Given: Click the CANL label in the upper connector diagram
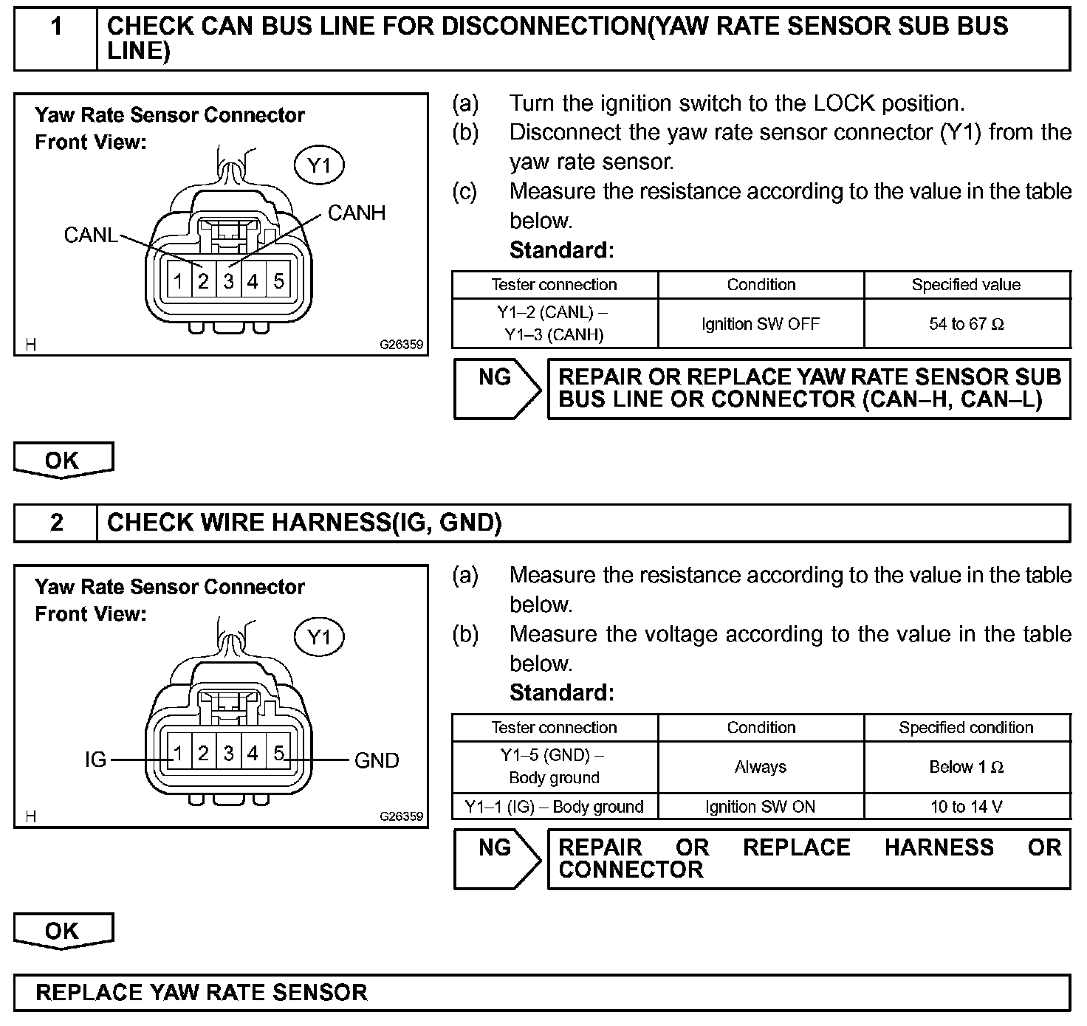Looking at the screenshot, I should [90, 235].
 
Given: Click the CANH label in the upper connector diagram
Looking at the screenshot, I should [357, 213].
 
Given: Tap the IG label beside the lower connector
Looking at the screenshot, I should [96, 760].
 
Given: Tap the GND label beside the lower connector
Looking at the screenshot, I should [377, 760].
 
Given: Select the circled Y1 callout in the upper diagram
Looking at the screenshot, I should [319, 165].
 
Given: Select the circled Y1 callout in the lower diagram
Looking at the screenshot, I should [319, 637].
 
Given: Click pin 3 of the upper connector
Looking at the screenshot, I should [229, 281].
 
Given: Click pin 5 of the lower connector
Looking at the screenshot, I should [279, 754].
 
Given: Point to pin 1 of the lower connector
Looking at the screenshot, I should [179, 754].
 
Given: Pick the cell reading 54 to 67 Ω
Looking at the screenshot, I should [967, 324].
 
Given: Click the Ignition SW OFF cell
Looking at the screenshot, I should [761, 324].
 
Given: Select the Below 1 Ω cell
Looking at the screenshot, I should [967, 767].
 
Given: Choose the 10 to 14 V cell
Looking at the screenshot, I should [967, 807].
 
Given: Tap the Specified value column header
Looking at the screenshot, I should [967, 285].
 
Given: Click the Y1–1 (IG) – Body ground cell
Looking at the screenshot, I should [555, 807].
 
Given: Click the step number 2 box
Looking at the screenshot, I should [56, 523].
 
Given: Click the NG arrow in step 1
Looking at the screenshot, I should [496, 389].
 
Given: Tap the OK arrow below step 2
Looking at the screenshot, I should [64, 932].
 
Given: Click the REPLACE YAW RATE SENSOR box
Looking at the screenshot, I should [542, 993].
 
